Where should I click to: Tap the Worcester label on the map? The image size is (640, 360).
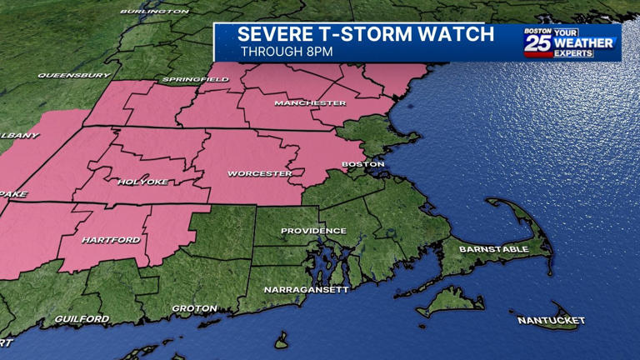click(x=260, y=174)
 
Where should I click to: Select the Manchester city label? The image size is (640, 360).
click(x=310, y=103)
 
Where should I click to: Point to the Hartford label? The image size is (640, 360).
click(x=111, y=240)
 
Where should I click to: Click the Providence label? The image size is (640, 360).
click(x=313, y=231)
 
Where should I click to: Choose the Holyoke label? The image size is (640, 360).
click(x=142, y=182)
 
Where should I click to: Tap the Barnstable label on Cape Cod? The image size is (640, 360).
click(x=494, y=249)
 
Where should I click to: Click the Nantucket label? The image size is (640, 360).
click(x=551, y=320)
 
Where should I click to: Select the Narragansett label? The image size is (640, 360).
click(x=306, y=289)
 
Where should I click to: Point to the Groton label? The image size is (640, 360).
click(x=194, y=308)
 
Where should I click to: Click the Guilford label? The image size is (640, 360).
click(x=82, y=319)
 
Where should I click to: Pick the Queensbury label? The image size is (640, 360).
click(x=73, y=76)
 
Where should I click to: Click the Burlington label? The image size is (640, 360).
click(x=154, y=12)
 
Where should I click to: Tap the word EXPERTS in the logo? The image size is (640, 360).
click(x=573, y=53)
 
